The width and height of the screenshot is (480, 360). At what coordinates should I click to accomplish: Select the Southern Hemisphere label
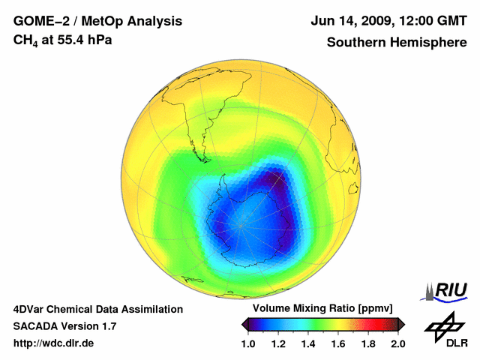click(x=396, y=42)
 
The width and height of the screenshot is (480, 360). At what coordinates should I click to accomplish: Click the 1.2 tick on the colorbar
click(x=278, y=343)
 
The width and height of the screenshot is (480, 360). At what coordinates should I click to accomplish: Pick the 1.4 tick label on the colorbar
click(x=308, y=343)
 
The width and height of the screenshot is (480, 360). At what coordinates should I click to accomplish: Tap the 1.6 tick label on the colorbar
click(x=338, y=343)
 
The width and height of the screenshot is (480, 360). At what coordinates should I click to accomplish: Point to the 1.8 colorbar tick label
click(x=368, y=343)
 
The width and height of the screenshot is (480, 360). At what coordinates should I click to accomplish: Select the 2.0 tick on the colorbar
click(x=397, y=343)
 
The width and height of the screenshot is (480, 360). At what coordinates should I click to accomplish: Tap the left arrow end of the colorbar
click(x=244, y=323)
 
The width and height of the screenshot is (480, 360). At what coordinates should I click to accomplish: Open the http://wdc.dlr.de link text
click(x=54, y=343)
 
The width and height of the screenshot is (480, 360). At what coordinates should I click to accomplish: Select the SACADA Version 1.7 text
click(x=64, y=326)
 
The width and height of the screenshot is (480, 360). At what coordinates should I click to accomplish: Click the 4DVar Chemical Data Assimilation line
click(x=97, y=309)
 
